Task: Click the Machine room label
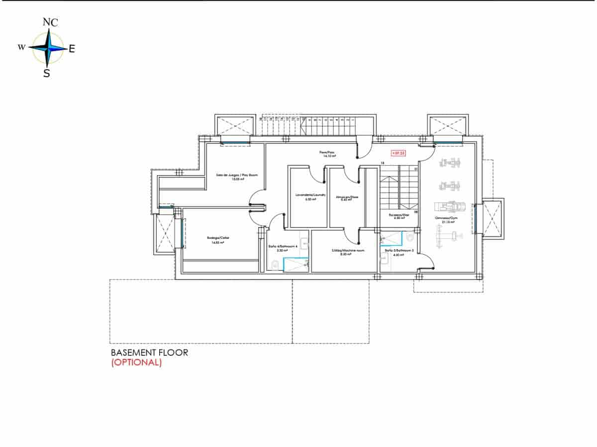coord(348,251)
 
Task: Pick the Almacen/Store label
coord(347,197)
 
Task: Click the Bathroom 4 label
coord(282,247)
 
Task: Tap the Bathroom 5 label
coord(396,251)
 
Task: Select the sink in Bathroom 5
coord(384,258)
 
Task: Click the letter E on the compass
coord(72,49)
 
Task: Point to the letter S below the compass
coord(46,74)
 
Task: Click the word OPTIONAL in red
coord(136,362)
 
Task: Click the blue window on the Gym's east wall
coord(476,220)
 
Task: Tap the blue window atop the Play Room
coord(235,143)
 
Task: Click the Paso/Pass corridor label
coord(326,153)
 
